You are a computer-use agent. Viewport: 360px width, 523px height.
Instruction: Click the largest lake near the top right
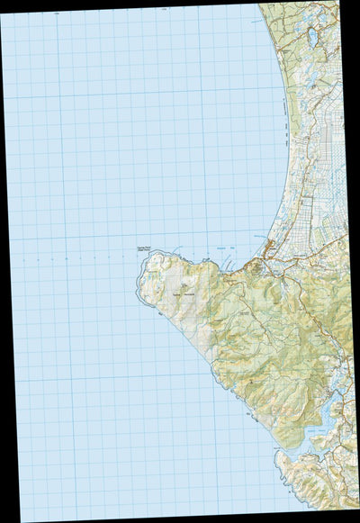point(312,38)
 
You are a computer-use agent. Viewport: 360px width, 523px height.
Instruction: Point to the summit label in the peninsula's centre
point(184,288)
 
